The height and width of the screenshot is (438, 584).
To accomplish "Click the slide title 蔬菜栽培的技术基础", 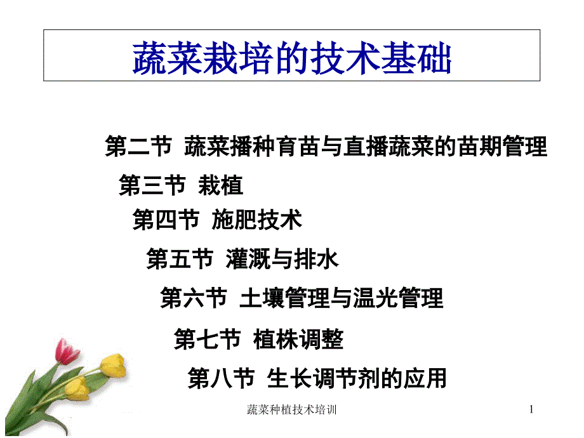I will coord(291,59).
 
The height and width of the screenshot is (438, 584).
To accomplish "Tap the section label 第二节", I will coord(138,147).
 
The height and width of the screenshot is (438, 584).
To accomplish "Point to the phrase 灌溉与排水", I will coord(282,259).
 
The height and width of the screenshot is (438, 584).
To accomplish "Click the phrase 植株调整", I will coord(298,340).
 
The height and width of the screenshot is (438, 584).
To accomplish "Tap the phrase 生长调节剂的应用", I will coord(357,378).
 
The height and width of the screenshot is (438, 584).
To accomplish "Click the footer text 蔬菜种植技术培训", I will coord(291,411).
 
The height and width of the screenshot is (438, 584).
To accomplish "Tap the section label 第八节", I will coord(221,378).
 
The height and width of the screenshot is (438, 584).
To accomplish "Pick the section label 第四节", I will coord(165,220).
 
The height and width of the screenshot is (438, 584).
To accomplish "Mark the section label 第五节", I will coord(179,259).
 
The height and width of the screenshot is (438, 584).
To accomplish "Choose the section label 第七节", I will coord(207,340).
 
